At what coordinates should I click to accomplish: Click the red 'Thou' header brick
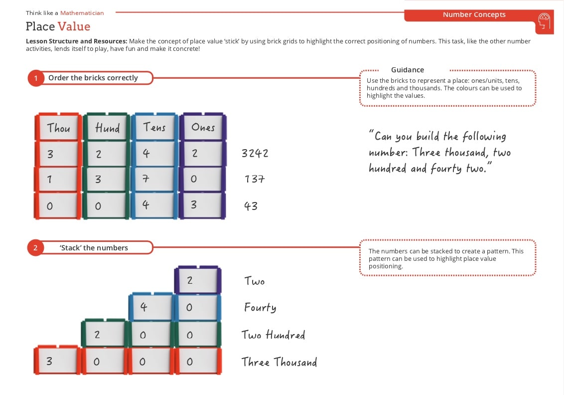58,128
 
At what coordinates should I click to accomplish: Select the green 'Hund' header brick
107,128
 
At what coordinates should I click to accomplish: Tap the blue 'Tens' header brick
154,128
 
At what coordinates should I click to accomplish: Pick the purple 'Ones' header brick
202,128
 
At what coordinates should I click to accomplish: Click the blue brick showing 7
154,179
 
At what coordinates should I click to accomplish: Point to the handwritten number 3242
255,153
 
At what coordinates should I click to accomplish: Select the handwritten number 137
254,179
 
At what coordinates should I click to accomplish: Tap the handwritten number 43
251,205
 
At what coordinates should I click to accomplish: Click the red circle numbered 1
36,78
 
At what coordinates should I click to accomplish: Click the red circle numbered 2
36,248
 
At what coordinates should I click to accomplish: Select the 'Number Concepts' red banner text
474,15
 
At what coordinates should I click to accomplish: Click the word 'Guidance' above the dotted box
408,70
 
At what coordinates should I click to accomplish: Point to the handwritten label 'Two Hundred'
273,335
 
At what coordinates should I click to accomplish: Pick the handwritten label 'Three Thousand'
279,362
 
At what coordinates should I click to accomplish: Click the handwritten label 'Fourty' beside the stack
260,307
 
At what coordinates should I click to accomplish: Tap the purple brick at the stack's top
198,280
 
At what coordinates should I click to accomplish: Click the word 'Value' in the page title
74,26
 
